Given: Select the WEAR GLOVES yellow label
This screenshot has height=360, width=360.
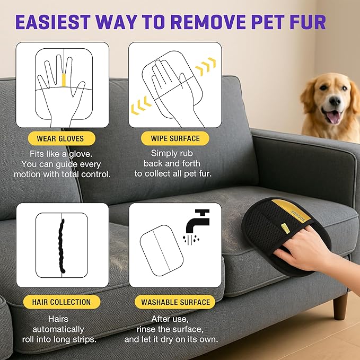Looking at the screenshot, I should (x=59, y=139).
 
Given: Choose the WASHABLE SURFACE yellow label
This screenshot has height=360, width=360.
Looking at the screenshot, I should (x=175, y=302).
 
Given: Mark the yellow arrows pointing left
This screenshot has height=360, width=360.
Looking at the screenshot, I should (x=139, y=106).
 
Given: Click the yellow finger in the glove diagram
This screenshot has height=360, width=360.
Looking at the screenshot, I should (x=64, y=80).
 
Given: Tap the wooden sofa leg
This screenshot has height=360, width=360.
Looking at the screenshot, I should (x=340, y=306).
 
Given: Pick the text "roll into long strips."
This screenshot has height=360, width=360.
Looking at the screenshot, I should (x=59, y=339).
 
